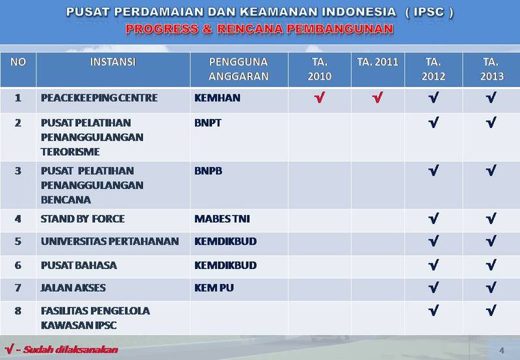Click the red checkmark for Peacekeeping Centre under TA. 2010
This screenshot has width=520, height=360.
[x=319, y=99]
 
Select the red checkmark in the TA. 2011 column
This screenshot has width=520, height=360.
[x=378, y=99]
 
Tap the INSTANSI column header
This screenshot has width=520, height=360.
[x=112, y=62]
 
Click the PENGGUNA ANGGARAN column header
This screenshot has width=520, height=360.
[x=239, y=69]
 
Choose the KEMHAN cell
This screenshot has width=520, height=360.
[x=217, y=98]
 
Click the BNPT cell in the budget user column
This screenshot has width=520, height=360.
[x=208, y=122]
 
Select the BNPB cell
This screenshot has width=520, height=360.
[x=208, y=171]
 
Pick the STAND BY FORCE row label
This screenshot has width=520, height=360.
[x=83, y=218]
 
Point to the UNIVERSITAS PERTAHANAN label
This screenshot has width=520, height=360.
[x=109, y=241]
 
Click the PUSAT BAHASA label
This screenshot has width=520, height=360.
[x=79, y=264]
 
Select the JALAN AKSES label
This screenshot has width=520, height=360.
[x=73, y=287]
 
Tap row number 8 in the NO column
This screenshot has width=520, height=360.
[x=18, y=311]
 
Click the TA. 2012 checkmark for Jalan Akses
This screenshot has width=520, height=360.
[x=433, y=288]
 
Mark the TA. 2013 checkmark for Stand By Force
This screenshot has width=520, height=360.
[x=491, y=219]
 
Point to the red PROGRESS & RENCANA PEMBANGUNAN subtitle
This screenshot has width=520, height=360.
[x=259, y=29]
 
